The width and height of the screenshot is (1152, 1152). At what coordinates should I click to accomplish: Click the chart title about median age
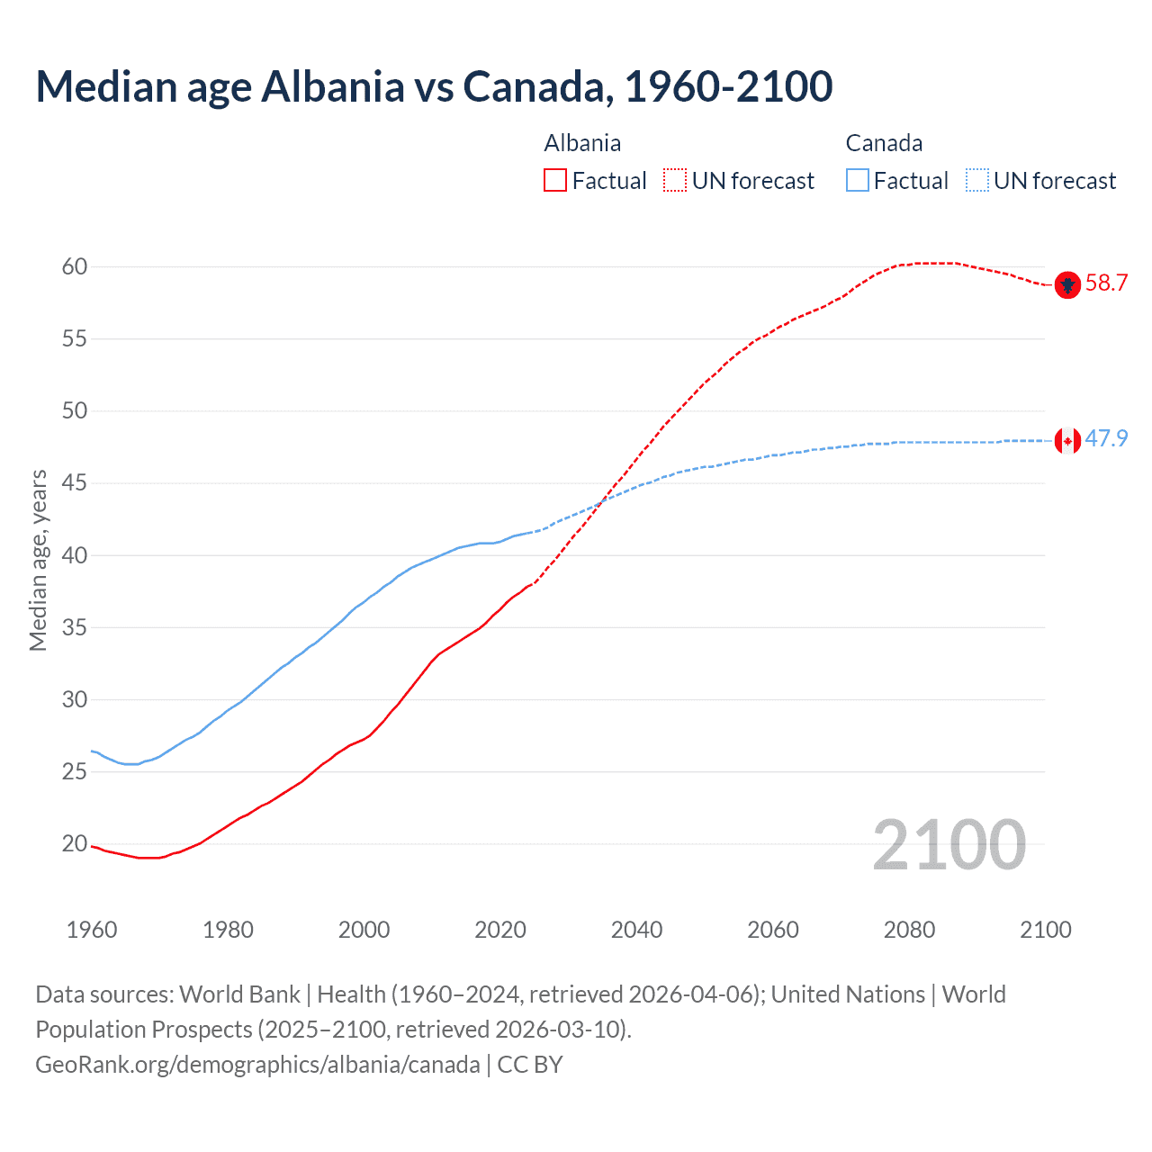coord(434,86)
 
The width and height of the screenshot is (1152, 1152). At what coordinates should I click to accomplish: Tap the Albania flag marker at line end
coord(1067,284)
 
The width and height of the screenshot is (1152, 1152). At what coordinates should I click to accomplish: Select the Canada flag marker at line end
coord(1067,440)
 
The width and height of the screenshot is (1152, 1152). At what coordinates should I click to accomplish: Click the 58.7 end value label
coord(1106,283)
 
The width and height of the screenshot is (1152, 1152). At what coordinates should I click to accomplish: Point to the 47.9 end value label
coord(1106,439)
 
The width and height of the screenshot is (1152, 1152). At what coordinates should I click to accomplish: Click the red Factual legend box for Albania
coord(555,181)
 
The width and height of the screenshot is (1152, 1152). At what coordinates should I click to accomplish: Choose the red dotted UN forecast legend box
coord(675,181)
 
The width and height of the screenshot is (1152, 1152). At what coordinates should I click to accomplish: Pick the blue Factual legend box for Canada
coord(858,181)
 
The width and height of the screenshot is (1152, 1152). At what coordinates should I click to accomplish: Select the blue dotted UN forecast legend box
coord(977,181)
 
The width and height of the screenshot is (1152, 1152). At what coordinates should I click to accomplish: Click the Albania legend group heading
coord(582,144)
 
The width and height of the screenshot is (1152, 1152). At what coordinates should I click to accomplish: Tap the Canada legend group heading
coord(884,144)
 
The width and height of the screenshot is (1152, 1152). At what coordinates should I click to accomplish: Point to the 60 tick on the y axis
coord(74,266)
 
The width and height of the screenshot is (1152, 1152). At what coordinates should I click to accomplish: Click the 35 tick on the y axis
coord(74,627)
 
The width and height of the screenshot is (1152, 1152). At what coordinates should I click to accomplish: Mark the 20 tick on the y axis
coord(74,843)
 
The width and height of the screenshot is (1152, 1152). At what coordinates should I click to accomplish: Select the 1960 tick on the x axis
coord(92,930)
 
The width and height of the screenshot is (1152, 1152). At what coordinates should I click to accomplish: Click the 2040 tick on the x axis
coord(636,930)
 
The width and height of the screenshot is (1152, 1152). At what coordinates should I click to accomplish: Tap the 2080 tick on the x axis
coord(909,930)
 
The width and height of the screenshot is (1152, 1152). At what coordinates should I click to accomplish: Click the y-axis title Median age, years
coord(38,560)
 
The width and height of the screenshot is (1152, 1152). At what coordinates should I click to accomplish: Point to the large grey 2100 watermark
coord(949,845)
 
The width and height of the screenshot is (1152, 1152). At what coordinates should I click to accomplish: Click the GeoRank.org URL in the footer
coord(257,1065)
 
